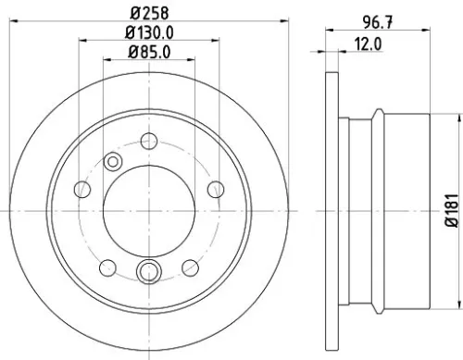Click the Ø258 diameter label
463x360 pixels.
tap(148, 13)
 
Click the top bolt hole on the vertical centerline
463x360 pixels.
tap(148, 141)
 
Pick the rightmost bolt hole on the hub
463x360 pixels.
tap(215, 189)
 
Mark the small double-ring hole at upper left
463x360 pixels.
tap(114, 161)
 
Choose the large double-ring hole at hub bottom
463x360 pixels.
tap(148, 271)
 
